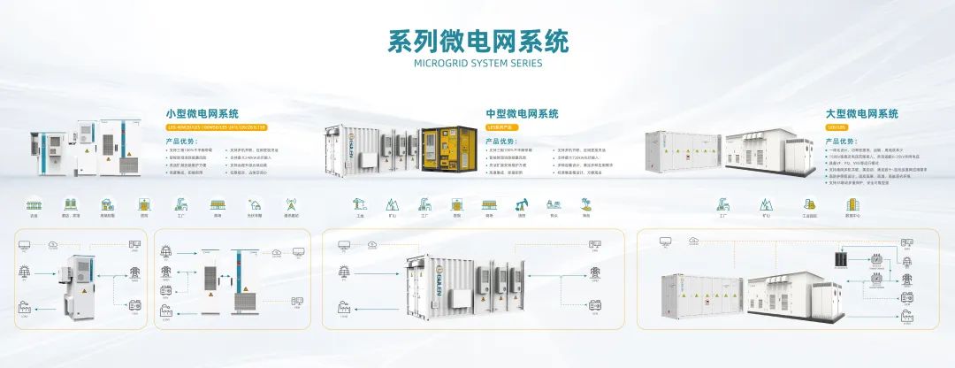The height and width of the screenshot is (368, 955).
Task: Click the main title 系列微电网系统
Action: (x=477, y=41)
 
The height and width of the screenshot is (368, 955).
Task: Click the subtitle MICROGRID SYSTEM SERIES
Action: (x=477, y=64)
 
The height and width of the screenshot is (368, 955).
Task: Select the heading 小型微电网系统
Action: (x=202, y=114)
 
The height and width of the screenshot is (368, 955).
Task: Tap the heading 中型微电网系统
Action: (x=523, y=114)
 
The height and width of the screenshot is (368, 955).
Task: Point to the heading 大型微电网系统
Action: (x=861, y=114)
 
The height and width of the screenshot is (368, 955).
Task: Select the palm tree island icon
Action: (x=585, y=204)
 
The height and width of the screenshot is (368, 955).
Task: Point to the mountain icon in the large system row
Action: (x=766, y=204)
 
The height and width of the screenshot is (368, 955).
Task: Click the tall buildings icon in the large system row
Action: (x=852, y=204)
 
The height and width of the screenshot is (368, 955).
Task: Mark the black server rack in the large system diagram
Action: (x=841, y=262)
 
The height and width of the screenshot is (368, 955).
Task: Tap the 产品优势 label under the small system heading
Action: (x=180, y=141)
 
